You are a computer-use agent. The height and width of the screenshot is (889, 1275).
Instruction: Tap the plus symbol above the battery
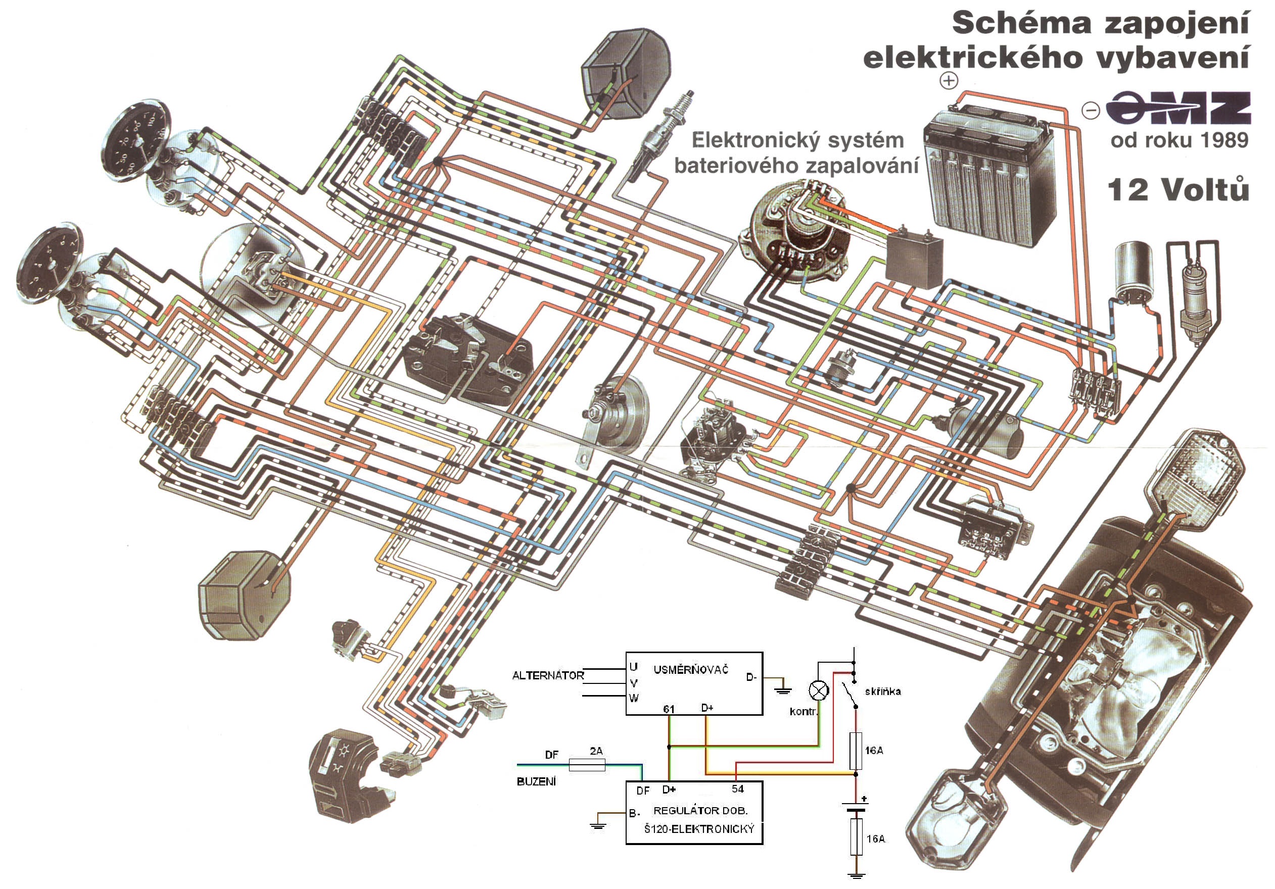(949, 80)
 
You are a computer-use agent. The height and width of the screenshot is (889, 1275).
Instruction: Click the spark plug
(662, 135)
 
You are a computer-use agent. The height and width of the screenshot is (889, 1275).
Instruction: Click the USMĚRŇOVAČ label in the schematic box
(690, 670)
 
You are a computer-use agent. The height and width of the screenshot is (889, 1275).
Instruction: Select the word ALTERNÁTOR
(547, 676)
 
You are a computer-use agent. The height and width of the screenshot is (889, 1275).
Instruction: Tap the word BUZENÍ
(536, 781)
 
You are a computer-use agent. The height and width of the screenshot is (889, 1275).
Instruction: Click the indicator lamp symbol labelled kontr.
(818, 691)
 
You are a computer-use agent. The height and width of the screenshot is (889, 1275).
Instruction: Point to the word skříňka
(883, 692)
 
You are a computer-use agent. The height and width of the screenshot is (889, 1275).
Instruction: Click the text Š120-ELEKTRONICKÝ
(699, 829)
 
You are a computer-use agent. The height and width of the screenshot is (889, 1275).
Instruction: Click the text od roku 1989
(1179, 140)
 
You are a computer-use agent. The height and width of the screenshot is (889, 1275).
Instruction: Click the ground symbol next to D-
(783, 687)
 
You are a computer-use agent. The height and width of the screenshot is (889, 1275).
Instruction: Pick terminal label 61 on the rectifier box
(669, 709)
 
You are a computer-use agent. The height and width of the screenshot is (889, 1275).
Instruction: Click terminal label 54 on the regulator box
(737, 788)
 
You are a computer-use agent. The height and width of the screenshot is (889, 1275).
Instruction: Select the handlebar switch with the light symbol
(344, 775)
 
